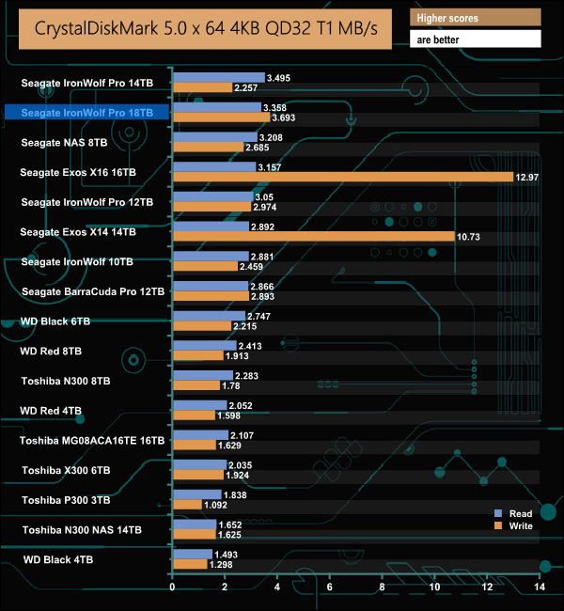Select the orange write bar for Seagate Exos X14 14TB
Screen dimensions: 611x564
point(313,237)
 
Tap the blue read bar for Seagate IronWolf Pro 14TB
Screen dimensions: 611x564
point(218,77)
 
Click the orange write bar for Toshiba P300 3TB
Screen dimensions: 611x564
point(186,505)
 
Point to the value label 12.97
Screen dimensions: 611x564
point(525,178)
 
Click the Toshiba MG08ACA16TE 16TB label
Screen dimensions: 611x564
point(92,440)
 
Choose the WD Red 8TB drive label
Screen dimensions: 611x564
point(51,351)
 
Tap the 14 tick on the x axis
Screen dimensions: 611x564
point(539,587)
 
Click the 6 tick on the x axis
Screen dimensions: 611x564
point(329,587)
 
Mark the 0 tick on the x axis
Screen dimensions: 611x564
point(172,587)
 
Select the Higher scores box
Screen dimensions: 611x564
point(475,18)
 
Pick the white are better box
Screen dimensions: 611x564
point(475,39)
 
